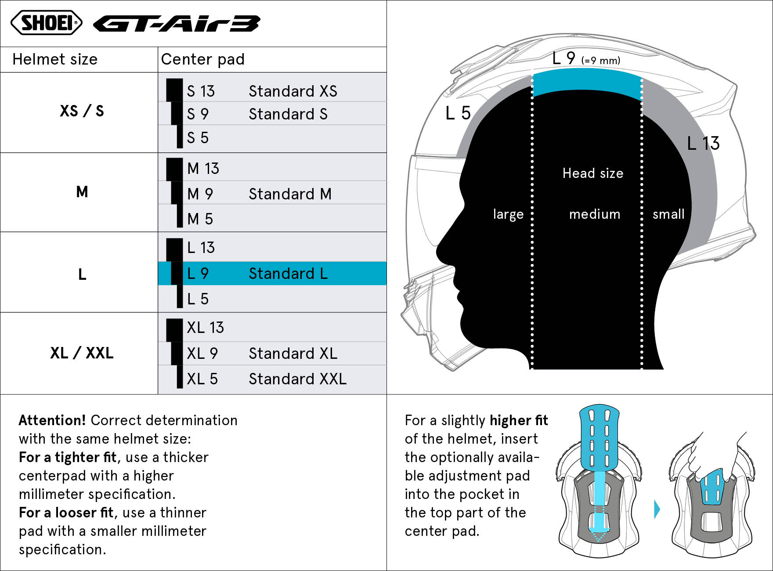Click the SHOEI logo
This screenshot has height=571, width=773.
tap(46, 22)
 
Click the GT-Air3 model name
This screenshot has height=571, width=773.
tap(177, 24)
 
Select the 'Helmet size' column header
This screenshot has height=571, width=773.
tap(55, 59)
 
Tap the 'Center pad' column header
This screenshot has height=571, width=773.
tap(202, 59)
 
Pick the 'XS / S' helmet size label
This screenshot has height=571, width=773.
tap(82, 111)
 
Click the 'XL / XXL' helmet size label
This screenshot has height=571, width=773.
tap(82, 353)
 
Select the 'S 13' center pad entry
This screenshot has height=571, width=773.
tap(201, 91)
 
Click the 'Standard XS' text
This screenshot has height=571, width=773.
tap(293, 91)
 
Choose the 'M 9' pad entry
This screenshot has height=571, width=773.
tap(200, 194)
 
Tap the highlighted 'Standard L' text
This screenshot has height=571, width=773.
tap(288, 273)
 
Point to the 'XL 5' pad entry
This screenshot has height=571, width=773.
tap(202, 379)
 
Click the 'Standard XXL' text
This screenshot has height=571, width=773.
tap(298, 379)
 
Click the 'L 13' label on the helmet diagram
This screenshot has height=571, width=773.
tap(703, 143)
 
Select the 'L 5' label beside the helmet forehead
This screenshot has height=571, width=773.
tap(458, 113)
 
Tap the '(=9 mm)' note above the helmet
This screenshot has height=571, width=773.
tap(601, 61)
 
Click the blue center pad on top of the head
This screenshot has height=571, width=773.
tap(587, 86)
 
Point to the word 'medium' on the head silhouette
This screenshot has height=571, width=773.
tap(595, 214)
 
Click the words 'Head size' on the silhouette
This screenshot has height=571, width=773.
tap(593, 173)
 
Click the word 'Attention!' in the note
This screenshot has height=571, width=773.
tap(52, 420)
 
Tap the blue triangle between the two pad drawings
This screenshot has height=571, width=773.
tap(657, 510)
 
